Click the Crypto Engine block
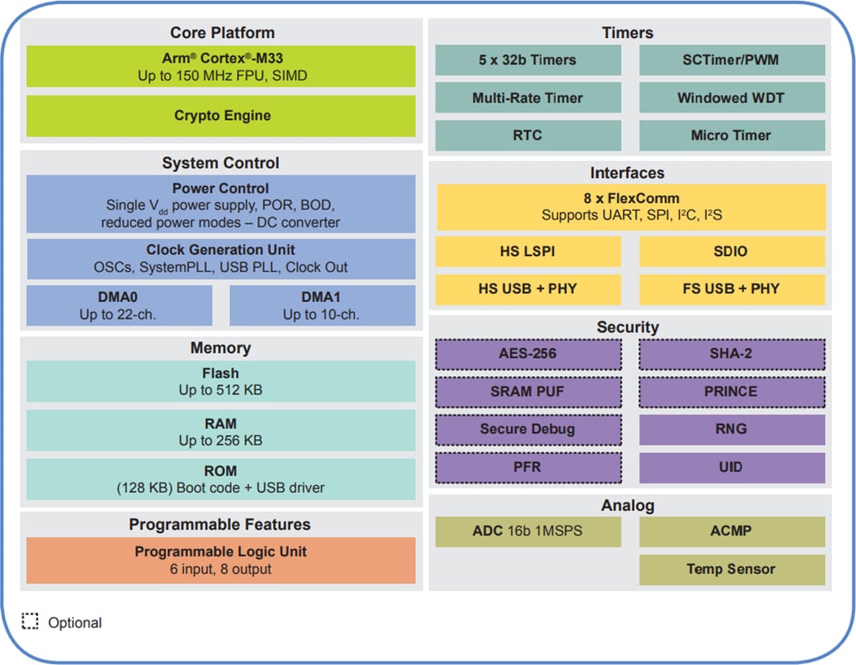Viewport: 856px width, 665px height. coord(221,116)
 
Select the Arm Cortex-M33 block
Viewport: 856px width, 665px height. coord(221,67)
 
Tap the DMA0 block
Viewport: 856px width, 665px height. coord(119,305)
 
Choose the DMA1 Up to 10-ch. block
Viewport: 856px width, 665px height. coord(322,305)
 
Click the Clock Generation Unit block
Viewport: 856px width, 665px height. coord(221,258)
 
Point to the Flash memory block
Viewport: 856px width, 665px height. coord(221,381)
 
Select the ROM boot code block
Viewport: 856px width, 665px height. coord(221,479)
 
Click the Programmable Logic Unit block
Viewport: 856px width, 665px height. coord(221,560)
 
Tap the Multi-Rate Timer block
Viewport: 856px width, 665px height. coord(528,98)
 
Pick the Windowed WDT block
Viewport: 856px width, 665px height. coord(732,98)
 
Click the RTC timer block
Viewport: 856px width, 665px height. coord(528,136)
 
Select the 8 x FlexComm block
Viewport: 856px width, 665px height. coord(631,207)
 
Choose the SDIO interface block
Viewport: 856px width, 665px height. coord(732,251)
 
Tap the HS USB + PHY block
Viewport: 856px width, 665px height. coord(528,289)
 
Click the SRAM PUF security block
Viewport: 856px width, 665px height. coord(528,392)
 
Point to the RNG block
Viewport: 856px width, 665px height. coord(732,430)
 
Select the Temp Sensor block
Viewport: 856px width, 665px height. coord(732,569)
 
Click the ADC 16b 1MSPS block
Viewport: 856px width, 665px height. coord(528,531)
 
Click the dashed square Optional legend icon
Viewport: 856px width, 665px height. coord(30,621)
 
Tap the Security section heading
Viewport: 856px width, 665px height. coord(629,327)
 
